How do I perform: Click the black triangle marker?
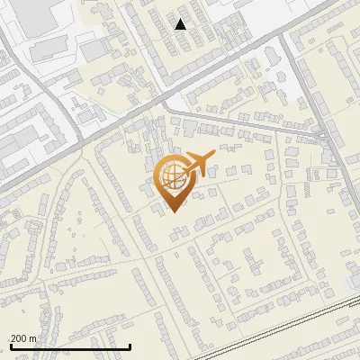point(181,24)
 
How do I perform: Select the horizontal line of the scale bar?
point(70,346)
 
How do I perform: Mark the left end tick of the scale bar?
point(10,345)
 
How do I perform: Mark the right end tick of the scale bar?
point(130,345)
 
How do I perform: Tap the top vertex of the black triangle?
point(181,19)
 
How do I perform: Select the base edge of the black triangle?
point(181,29)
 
